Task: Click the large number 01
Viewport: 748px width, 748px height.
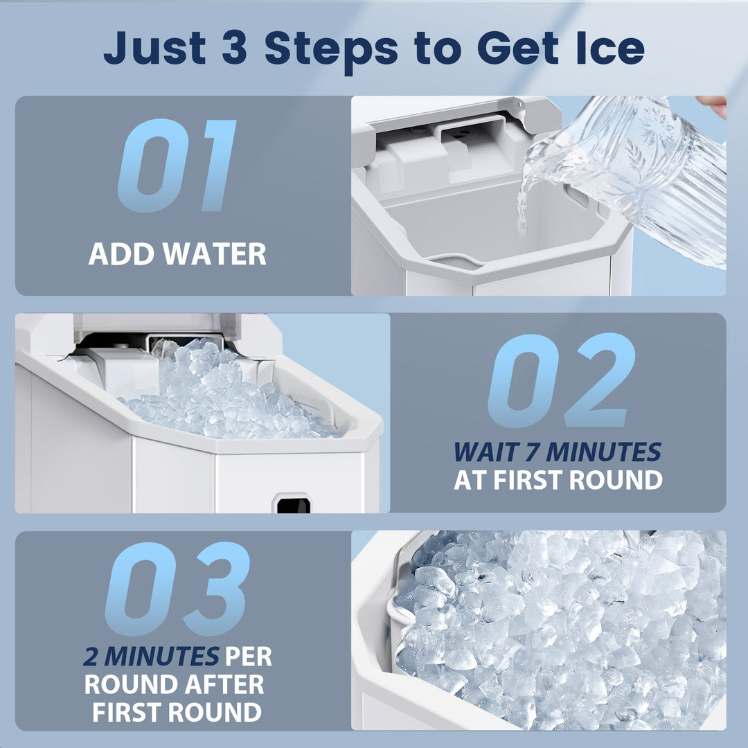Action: pyautogui.click(x=177, y=166)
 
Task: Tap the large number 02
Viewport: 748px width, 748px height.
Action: pyautogui.click(x=561, y=381)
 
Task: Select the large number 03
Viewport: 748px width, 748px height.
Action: pyautogui.click(x=177, y=589)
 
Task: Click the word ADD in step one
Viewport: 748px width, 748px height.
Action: pyautogui.click(x=121, y=254)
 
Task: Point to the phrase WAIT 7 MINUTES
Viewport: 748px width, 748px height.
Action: pyautogui.click(x=557, y=452)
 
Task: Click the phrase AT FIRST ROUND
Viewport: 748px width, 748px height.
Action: pyautogui.click(x=558, y=481)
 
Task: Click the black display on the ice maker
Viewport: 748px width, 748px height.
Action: pyautogui.click(x=293, y=506)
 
